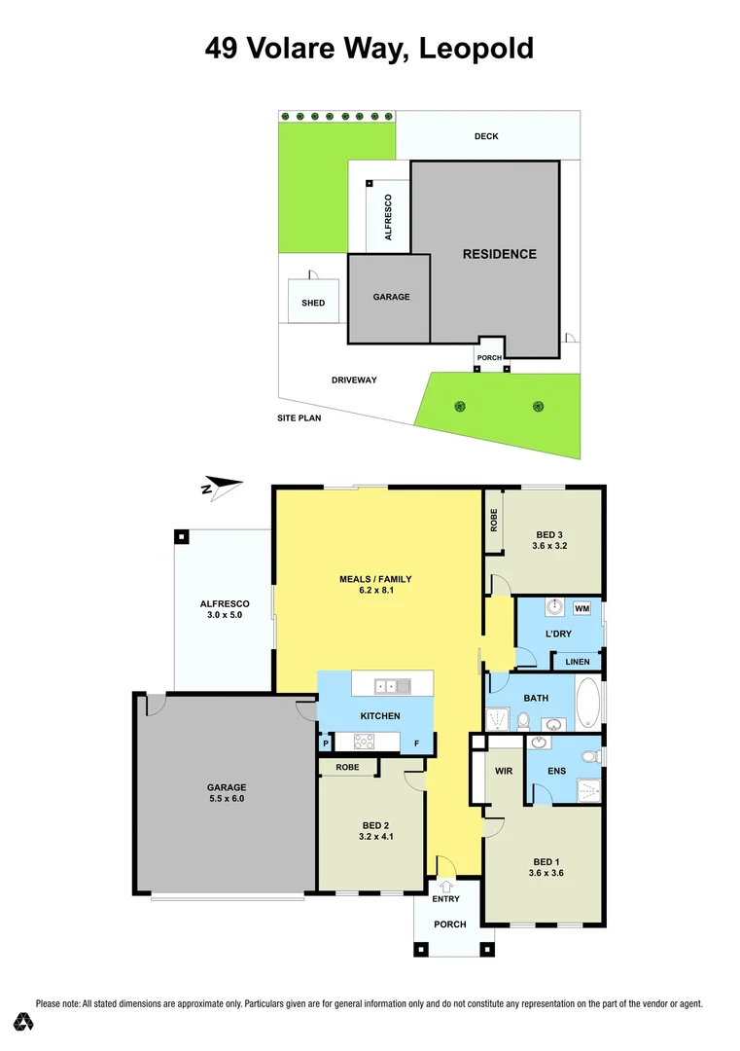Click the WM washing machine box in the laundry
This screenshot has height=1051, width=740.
tap(582, 608)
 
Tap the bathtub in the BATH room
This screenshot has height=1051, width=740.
tap(589, 704)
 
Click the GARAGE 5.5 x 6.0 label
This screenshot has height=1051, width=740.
tap(226, 792)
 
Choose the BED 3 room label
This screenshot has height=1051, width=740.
tap(549, 540)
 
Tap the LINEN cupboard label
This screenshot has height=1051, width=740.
tap(577, 663)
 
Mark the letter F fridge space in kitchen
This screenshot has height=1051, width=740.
tap(417, 743)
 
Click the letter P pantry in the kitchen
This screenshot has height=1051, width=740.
tap(325, 743)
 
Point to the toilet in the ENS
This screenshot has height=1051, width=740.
tap(587, 755)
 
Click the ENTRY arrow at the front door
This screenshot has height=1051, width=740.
tap(447, 886)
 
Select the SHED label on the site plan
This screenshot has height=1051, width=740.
tap(313, 303)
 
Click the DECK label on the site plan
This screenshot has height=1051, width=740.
tap(486, 136)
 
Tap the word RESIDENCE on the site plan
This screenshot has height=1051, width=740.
tap(499, 254)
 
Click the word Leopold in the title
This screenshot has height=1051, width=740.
tap(476, 48)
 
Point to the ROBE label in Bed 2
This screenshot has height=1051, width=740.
tap(347, 767)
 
